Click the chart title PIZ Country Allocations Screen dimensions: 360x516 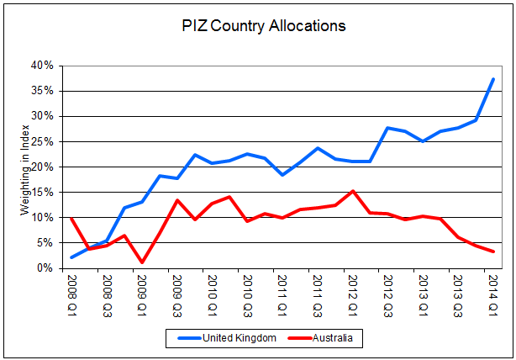click(x=263, y=26)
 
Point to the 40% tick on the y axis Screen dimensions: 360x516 click(x=43, y=66)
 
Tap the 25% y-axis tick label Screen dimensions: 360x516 click(x=43, y=141)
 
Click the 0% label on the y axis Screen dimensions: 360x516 click(x=45, y=268)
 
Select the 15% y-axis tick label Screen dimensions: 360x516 click(x=43, y=193)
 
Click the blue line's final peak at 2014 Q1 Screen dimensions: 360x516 click(x=492, y=79)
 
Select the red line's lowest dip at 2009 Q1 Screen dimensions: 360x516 click(x=142, y=262)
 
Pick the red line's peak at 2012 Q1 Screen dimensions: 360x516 click(x=352, y=191)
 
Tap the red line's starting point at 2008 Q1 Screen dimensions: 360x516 click(x=72, y=219)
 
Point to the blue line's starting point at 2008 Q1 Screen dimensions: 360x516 click(x=72, y=257)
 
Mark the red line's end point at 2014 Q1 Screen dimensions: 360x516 click(x=492, y=251)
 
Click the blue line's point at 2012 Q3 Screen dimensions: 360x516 click(x=387, y=128)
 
